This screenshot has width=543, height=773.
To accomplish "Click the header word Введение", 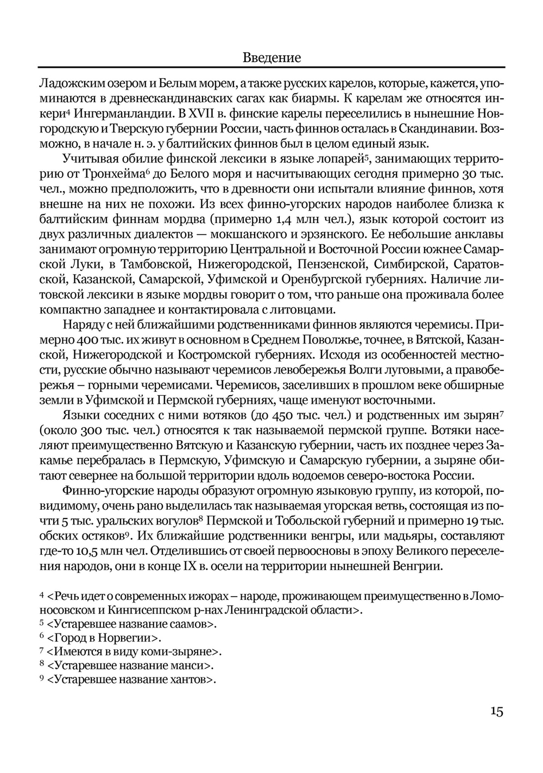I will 271,57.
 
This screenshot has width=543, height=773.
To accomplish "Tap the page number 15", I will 496,711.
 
